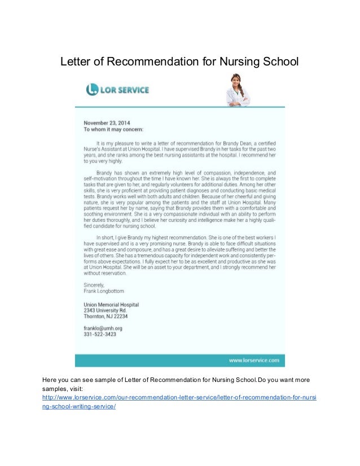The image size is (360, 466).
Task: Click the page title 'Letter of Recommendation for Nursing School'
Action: click(179, 60)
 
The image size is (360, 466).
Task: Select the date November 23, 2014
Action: click(107, 121)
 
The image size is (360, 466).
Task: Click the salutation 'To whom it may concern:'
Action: click(113, 129)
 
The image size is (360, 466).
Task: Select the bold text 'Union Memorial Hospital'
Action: click(111, 305)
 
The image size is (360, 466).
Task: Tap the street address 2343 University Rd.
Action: click(105, 311)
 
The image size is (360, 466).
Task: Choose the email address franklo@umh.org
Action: click(103, 328)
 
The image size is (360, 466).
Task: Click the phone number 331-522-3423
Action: click(99, 334)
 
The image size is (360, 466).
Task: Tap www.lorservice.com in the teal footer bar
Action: click(253, 359)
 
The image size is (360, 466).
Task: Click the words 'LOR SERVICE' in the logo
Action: click(125, 89)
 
